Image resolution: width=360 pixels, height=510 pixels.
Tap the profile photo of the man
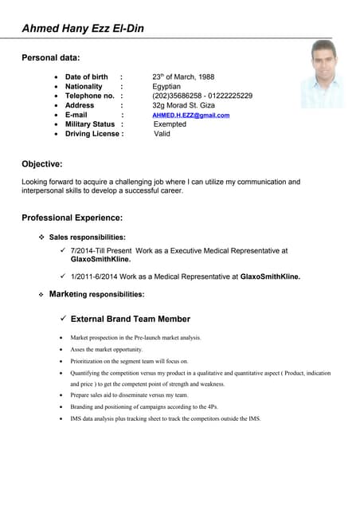pos(322,75)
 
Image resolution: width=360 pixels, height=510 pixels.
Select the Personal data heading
pos(50,57)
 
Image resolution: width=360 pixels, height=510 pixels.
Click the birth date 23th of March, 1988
pos(182,77)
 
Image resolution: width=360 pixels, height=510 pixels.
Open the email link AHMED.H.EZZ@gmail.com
pos(190,116)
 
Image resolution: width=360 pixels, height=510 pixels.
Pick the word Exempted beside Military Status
pos(170,125)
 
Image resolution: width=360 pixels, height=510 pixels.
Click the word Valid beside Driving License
pos(162,135)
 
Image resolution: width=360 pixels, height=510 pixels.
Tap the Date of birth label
pos(86,77)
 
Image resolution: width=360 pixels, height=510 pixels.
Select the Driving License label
pos(94,135)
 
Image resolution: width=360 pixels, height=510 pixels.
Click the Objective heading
pos(41,164)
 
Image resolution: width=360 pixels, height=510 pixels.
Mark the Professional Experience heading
pos(72,218)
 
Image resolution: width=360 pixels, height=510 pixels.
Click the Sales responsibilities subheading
pos(87,237)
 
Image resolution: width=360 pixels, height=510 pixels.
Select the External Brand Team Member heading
pos(130,319)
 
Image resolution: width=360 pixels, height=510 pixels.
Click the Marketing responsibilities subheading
pos(96,295)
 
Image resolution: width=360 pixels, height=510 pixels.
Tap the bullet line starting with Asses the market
pos(107,350)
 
